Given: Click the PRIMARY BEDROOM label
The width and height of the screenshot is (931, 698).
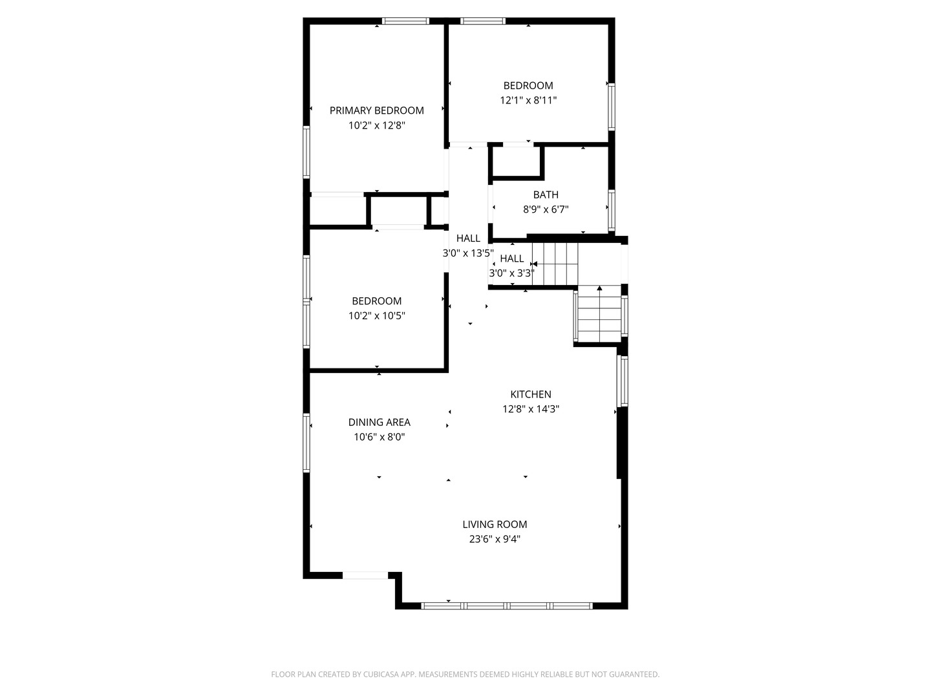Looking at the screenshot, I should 376,111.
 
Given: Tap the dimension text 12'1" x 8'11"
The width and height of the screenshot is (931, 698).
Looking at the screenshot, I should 528,100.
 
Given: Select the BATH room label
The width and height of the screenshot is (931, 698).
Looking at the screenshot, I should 546,195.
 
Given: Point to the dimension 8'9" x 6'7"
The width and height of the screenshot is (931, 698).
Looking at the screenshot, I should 546,209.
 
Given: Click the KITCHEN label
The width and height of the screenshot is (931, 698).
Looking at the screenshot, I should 531,394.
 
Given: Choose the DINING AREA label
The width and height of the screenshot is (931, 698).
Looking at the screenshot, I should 379,422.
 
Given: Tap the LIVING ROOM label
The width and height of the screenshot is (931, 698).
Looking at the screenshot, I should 495,524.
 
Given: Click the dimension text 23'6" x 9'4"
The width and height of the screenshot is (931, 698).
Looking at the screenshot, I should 495,539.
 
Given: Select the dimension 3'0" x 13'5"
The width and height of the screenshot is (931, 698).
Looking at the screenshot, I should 468,253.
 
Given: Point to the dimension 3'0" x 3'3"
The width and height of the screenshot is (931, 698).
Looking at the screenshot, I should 511,273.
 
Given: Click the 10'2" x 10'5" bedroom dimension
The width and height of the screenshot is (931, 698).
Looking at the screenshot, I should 376,316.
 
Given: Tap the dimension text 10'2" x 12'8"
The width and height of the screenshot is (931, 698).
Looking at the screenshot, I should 376,125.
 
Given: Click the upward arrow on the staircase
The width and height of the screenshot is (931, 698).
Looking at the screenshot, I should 599,289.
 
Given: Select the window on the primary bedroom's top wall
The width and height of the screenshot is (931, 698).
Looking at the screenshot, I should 405,21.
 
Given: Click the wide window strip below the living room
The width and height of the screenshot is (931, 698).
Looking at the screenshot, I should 506,606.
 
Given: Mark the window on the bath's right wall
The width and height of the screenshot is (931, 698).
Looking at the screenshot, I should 612,209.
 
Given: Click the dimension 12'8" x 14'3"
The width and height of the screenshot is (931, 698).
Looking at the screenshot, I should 531,409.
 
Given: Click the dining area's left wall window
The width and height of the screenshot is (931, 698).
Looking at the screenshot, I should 306,443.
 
